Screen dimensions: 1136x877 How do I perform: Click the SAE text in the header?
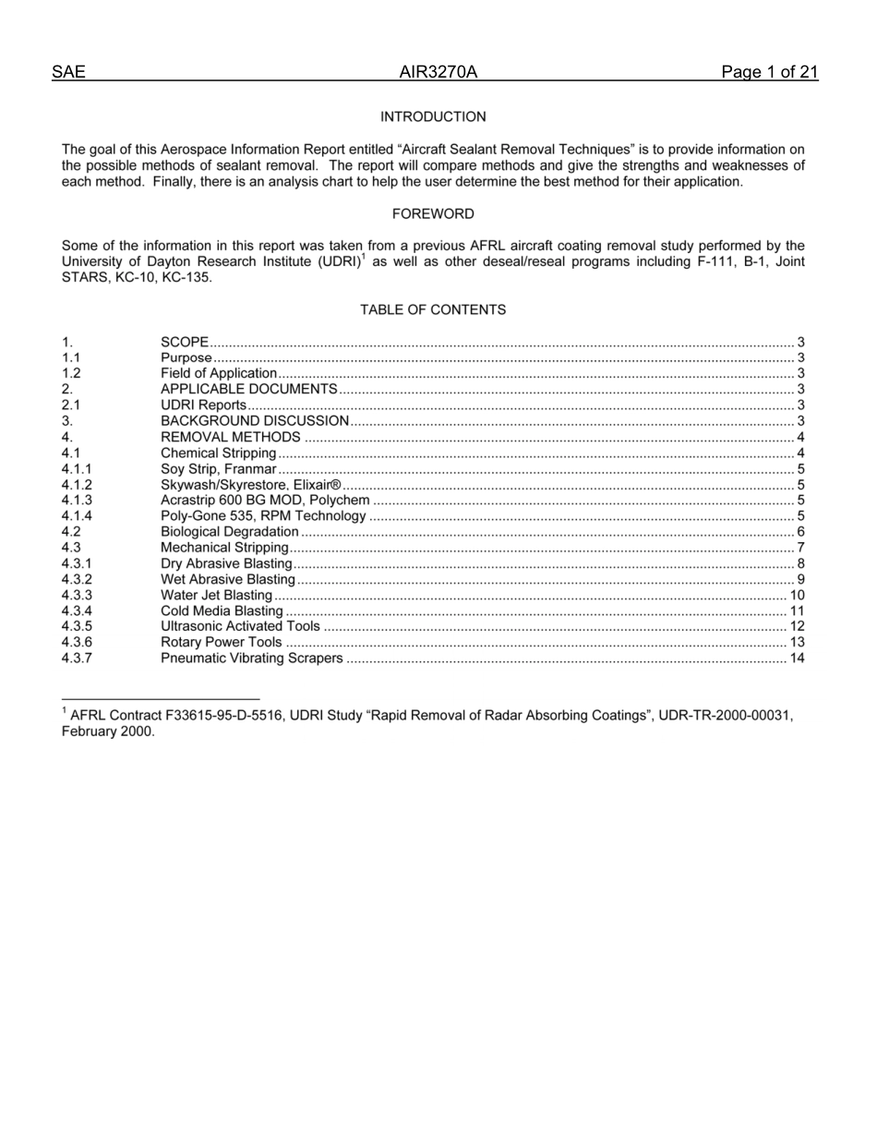coord(68,73)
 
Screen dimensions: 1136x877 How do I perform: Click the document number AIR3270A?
coord(438,73)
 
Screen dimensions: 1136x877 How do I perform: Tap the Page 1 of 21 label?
coord(769,73)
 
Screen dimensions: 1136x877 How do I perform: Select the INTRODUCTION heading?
coord(433,117)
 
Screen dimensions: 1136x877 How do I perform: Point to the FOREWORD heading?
coord(433,214)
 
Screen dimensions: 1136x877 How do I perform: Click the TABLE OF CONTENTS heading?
coord(433,310)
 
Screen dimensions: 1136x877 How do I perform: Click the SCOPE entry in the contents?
coord(185,343)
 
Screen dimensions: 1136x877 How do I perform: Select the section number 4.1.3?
coord(77,501)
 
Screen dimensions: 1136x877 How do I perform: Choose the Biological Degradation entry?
coord(230,532)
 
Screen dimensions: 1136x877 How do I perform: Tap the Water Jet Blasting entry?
coord(216,596)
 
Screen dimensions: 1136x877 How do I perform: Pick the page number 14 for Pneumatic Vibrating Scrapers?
coord(797,659)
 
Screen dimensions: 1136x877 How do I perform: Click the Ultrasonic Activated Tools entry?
coord(240,627)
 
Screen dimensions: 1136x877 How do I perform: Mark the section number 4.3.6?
coord(77,643)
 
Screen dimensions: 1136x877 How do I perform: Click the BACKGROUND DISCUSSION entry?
coord(255,421)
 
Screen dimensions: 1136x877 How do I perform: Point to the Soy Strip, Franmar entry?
coord(218,469)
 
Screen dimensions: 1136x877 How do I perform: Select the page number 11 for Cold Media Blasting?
coord(797,611)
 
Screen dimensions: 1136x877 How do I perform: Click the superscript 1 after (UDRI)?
coord(363,258)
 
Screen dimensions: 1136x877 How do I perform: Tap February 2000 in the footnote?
coord(107,731)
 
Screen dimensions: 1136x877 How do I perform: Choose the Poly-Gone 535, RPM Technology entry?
coord(263,516)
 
